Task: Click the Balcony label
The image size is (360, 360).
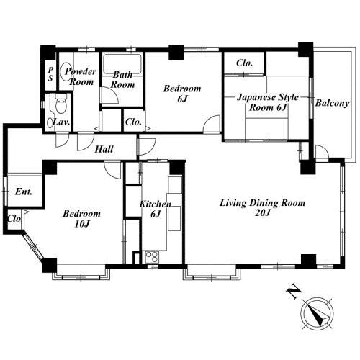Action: (332, 103)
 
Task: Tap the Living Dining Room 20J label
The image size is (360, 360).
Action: (263, 207)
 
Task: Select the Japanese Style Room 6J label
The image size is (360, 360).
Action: (268, 102)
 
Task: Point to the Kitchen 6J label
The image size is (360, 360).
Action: (156, 209)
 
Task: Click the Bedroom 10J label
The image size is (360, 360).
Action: (82, 219)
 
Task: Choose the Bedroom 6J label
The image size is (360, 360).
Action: (182, 94)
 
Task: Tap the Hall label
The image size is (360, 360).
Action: (104, 149)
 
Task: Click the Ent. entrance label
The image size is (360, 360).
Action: (24, 192)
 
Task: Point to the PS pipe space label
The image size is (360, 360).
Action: (50, 74)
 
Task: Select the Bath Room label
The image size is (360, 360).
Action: (122, 79)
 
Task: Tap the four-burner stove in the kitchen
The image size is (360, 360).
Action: (152, 257)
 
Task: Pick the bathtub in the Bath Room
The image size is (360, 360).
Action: (122, 64)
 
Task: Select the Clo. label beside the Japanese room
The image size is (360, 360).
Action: (244, 63)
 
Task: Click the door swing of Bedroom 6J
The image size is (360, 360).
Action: (212, 123)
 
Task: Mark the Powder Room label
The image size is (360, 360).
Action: (81, 76)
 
